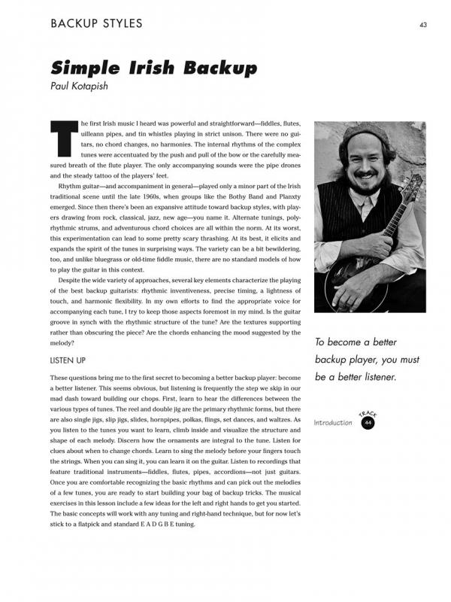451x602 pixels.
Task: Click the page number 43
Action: pos(423,24)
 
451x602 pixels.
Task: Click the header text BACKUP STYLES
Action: pos(95,23)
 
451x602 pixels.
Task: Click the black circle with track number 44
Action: pos(368,423)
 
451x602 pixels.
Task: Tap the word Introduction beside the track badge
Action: pos(333,423)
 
